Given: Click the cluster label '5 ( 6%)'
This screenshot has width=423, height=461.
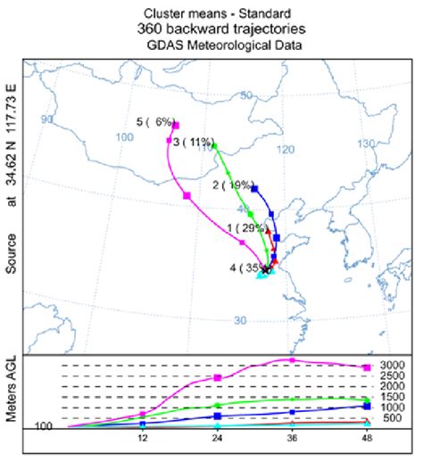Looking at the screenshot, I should pos(153,122).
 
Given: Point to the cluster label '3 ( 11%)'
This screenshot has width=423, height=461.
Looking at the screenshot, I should pos(193,141).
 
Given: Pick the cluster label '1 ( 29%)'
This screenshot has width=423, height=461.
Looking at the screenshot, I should pos(246,228).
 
